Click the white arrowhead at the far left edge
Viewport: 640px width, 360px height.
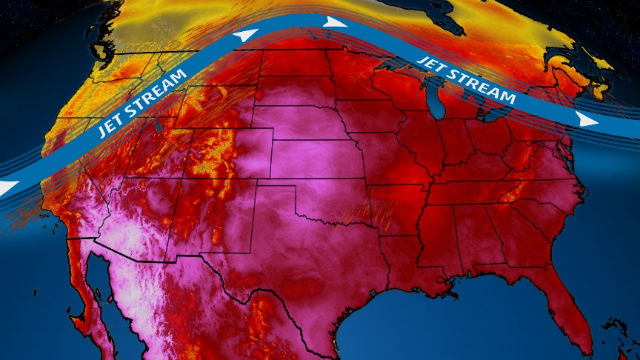coord(6,188)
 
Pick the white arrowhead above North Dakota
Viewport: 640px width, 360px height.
coord(336,22)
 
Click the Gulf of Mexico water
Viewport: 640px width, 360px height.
coord(415,326)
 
